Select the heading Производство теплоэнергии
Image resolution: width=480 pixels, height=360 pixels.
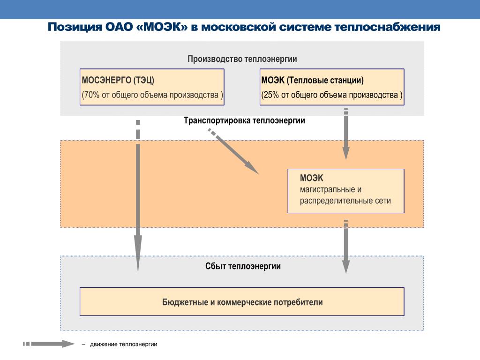point(242,59)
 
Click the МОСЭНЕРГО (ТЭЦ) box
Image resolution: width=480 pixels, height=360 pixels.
point(152,87)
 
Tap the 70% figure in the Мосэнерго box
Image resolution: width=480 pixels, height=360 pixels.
point(91,95)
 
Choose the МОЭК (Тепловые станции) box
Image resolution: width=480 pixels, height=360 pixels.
point(332,87)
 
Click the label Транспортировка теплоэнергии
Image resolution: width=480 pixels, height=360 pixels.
point(244,120)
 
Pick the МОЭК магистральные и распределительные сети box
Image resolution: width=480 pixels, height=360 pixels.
point(346,191)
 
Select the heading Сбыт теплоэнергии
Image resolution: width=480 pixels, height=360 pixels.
point(243,266)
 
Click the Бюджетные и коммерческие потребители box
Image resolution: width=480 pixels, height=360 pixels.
point(242,302)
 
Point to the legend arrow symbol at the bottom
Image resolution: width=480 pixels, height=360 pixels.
point(49,344)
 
